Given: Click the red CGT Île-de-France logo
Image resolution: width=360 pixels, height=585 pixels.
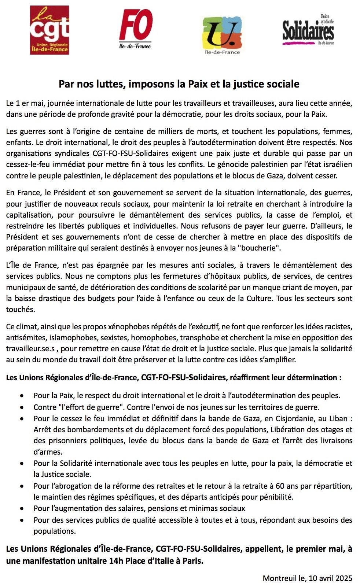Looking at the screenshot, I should coord(49,30).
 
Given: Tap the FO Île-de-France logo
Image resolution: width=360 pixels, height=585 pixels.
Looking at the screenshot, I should coord(136,29).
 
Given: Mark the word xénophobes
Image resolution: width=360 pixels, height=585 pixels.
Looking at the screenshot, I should coord(126,326).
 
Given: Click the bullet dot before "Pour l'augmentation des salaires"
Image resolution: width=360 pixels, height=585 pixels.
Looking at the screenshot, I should coord(23,508).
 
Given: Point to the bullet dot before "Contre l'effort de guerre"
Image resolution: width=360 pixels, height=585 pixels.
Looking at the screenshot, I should coord(23,407).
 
